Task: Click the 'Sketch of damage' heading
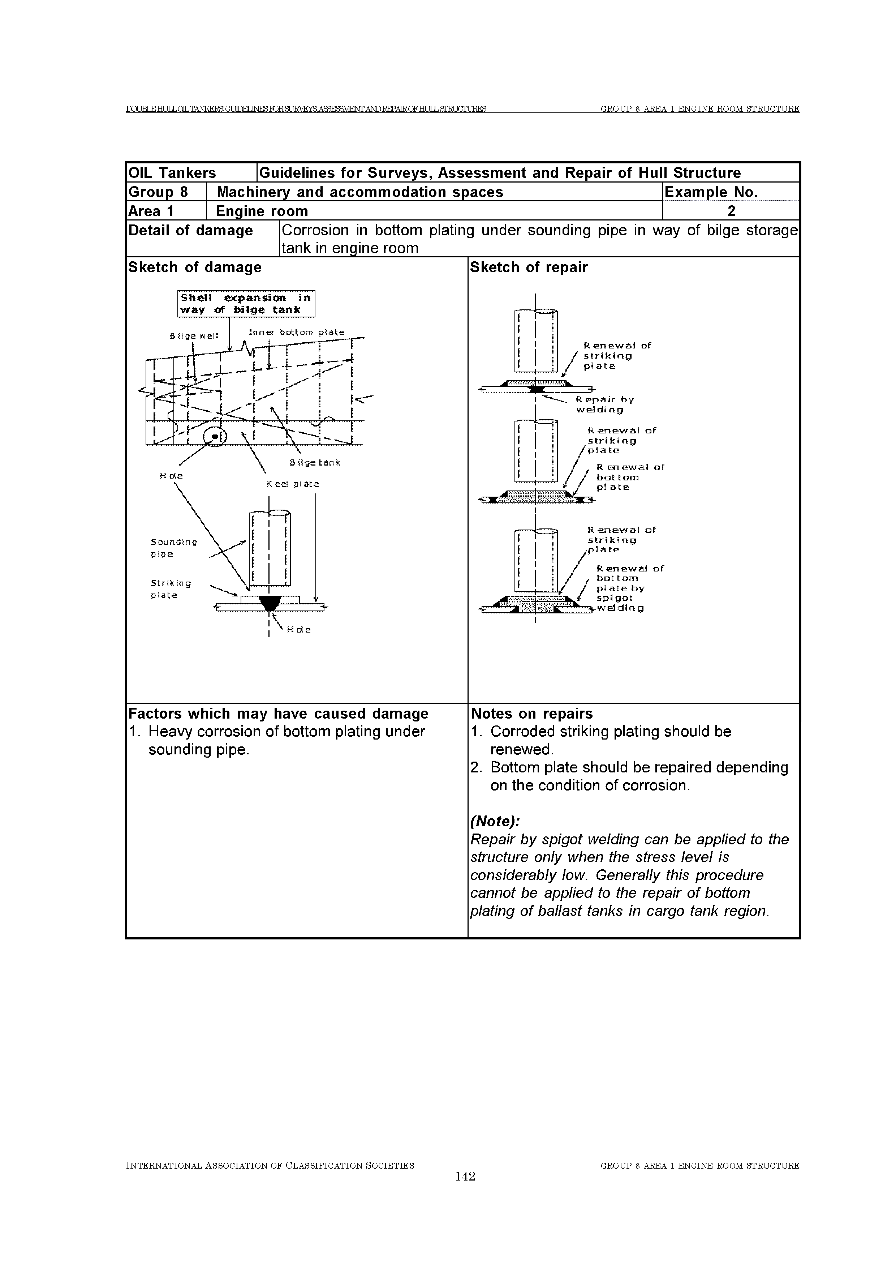pyautogui.click(x=195, y=267)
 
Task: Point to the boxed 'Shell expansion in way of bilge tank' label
pyautogui.click(x=246, y=304)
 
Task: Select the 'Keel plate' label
pyautogui.click(x=293, y=484)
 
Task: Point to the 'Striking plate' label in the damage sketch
pyautogui.click(x=171, y=589)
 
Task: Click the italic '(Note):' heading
pyautogui.click(x=495, y=821)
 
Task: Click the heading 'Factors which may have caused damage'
pyautogui.click(x=278, y=714)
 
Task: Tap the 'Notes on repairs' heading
pyautogui.click(x=531, y=714)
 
